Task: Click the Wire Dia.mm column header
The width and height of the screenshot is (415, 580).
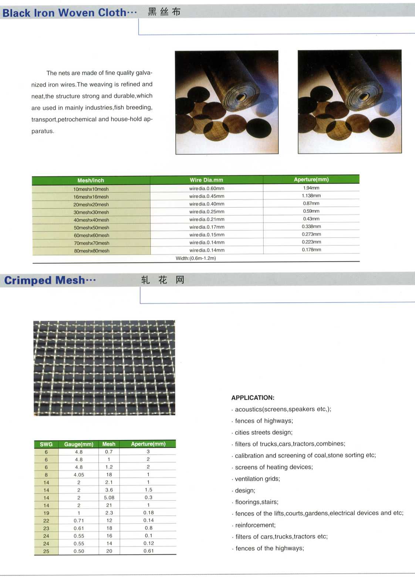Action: [x=206, y=180]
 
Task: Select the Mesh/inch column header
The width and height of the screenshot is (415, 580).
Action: [x=91, y=181]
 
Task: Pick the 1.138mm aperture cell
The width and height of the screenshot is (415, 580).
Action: [x=311, y=196]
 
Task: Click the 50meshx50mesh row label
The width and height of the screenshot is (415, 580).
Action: [x=91, y=227]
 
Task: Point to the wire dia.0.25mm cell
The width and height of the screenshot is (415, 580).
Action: [x=207, y=212]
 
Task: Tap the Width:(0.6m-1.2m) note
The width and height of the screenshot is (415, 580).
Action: [x=196, y=258]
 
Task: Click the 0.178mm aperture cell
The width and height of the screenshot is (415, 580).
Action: [x=311, y=250]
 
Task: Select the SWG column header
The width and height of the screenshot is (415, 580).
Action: [x=46, y=444]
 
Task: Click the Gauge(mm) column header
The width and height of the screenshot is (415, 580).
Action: [x=79, y=444]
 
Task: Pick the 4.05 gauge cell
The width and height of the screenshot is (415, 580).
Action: [x=79, y=475]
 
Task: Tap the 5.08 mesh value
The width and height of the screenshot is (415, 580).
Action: [x=109, y=498]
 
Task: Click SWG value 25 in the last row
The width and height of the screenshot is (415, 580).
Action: [x=46, y=551]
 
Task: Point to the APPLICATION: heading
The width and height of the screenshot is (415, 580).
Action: [x=253, y=398]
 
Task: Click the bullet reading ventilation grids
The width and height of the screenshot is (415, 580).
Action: [x=257, y=479]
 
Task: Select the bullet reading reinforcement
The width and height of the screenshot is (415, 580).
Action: [x=255, y=525]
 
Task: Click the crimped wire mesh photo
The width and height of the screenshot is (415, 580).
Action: [x=104, y=368]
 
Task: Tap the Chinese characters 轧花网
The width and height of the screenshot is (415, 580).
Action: [x=162, y=280]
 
